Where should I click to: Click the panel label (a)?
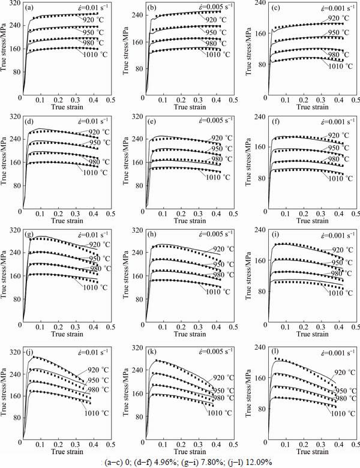pos(29,8)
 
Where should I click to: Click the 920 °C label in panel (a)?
pos(94,21)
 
